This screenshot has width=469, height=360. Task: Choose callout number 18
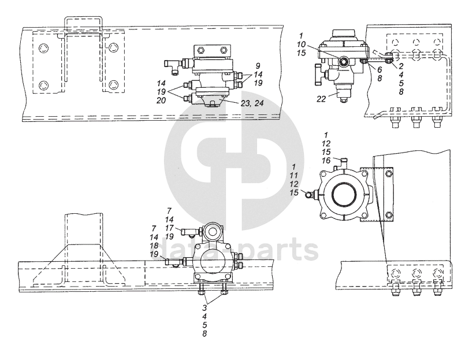(x=154, y=246)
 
